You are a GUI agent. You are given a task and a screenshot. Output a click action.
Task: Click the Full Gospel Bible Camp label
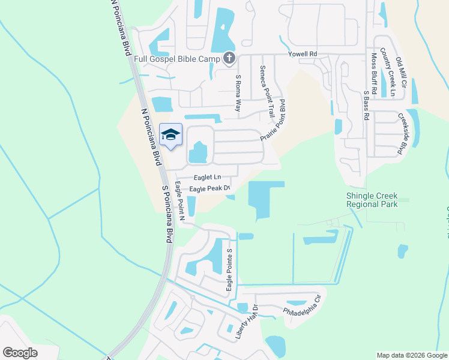click(177, 59)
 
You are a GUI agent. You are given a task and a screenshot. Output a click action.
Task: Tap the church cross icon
click(228, 59)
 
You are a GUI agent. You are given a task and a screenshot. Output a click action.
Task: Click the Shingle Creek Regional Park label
click(372, 200)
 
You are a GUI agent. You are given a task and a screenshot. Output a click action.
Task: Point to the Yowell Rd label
click(302, 55)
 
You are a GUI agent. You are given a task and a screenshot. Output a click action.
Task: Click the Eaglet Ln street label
click(208, 178)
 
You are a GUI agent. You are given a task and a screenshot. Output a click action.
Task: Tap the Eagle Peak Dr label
click(210, 189)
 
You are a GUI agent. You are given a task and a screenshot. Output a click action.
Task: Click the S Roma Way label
click(238, 93)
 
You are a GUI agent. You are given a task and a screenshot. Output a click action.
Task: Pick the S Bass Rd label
click(365, 105)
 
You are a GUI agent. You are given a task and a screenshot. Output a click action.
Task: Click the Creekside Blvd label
click(406, 134)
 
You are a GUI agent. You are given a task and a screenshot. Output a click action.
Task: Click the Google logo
click(20, 353)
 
